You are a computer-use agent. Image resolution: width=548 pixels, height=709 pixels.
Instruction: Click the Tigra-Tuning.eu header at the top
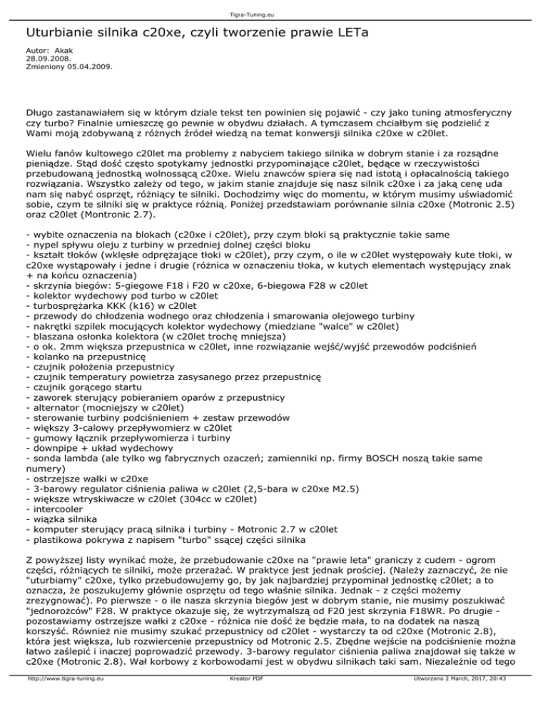274,7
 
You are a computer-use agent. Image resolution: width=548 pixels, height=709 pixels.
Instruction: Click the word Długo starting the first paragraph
40,111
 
